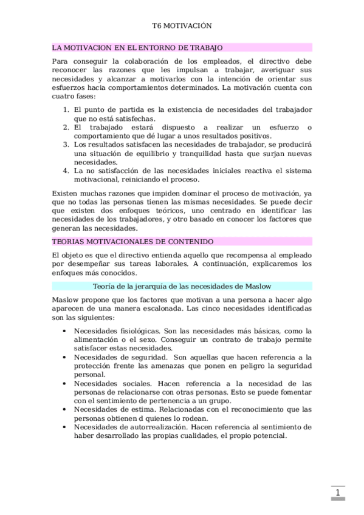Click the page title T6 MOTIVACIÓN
tap(181, 27)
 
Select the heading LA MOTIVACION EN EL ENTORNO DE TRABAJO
tap(138, 47)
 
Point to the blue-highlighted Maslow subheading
tap(182, 285)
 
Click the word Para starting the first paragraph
tap(61, 61)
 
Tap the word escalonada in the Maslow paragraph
tap(150, 309)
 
